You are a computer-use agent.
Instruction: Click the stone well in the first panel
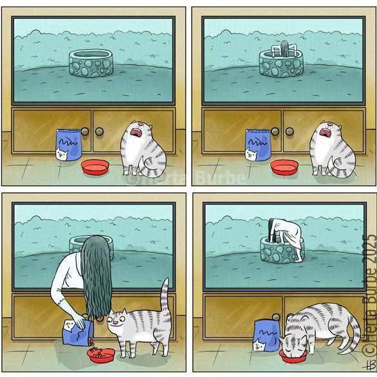pos(91,63)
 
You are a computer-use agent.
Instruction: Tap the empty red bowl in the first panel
pos(95,167)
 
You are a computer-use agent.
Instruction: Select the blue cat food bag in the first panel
pos(69,145)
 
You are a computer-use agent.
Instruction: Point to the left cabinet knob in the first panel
pos(85,131)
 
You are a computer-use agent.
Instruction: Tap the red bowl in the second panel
pos(284,167)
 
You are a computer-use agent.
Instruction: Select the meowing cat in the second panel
pos(333,149)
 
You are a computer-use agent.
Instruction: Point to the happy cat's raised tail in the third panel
pos(165,296)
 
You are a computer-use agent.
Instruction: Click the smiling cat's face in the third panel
pos(118,321)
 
